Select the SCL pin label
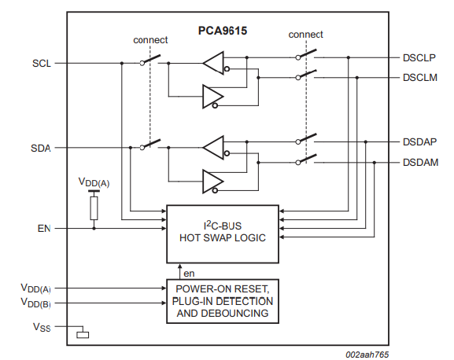click(42, 63)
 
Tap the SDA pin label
click(42, 148)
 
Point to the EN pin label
click(44, 229)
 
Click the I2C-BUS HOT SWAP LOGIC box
click(222, 233)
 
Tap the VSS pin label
click(42, 326)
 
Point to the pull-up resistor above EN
click(94, 208)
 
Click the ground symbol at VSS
click(83, 335)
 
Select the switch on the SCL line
click(150, 61)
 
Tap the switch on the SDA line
click(150, 145)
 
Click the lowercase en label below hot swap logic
click(189, 273)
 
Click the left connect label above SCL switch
click(150, 41)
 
